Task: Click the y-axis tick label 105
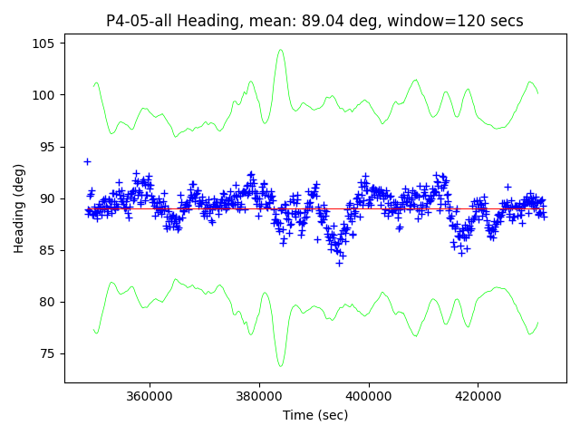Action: pos(46,43)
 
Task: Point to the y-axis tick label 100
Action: pos(46,95)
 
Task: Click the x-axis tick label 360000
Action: pos(150,396)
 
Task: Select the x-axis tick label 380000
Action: pos(259,396)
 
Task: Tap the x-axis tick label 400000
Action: pos(369,396)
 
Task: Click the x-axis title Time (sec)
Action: pos(315,415)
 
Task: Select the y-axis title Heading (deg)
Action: pos(18,208)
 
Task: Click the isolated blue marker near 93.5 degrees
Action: pos(87,161)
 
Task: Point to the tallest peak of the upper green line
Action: pos(281,50)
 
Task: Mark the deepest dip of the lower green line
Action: pos(281,365)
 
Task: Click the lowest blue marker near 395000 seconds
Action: pos(339,263)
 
